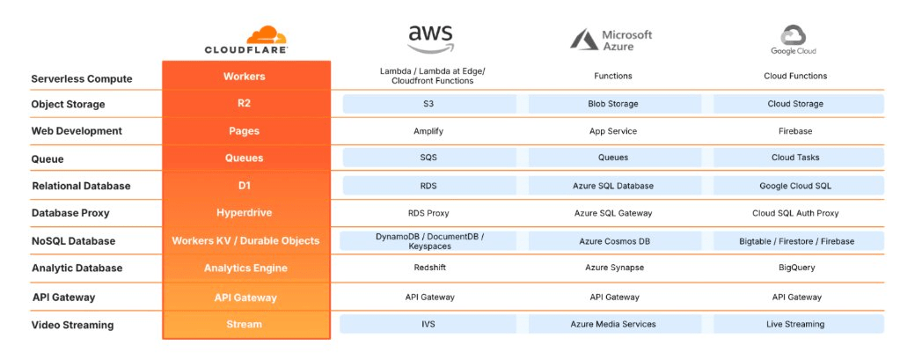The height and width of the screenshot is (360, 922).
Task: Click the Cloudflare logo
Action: (245, 40)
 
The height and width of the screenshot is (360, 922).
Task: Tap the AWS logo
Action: (431, 40)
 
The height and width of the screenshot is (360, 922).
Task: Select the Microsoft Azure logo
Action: (611, 40)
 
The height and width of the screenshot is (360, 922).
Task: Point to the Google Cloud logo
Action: (794, 40)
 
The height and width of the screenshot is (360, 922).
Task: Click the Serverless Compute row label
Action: (82, 79)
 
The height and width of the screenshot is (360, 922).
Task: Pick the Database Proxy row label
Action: (70, 213)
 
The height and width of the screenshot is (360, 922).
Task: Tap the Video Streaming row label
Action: (72, 325)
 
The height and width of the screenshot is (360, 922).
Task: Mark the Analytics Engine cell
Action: (245, 268)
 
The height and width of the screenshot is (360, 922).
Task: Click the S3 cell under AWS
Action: (430, 104)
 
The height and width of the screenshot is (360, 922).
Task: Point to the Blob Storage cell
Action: (615, 104)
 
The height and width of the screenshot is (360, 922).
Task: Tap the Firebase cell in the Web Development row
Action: (795, 131)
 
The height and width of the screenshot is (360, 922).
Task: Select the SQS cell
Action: (430, 158)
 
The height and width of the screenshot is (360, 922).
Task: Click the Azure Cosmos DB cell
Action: (615, 241)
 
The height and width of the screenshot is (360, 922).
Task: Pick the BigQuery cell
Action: (796, 268)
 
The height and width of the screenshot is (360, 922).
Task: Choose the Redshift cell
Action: (430, 268)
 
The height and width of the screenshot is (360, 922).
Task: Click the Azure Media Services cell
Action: (615, 324)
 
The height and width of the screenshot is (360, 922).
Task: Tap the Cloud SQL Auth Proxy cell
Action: (795, 213)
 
